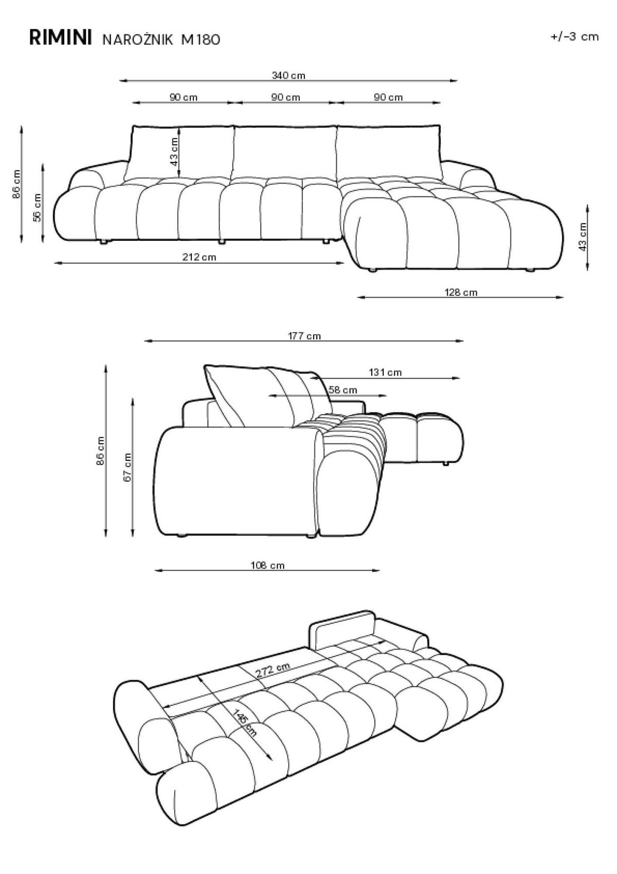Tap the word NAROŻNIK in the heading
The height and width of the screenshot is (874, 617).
[138, 40]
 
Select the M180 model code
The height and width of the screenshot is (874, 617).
[201, 40]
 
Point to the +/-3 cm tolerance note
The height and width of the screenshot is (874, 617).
[574, 37]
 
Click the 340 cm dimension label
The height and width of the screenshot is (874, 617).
[288, 75]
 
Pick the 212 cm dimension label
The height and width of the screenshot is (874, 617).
[199, 257]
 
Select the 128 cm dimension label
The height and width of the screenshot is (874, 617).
[461, 292]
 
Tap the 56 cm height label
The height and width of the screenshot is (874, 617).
[38, 208]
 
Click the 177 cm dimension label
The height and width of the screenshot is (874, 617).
[304, 336]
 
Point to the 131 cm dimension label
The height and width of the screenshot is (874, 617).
[385, 372]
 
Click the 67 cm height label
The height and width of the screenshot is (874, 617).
[128, 468]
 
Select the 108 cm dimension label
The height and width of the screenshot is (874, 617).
[267, 565]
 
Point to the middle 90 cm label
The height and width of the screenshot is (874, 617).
[285, 97]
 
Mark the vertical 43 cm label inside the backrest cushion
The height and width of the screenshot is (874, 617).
[174, 151]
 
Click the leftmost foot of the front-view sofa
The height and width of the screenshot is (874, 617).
[104, 242]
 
